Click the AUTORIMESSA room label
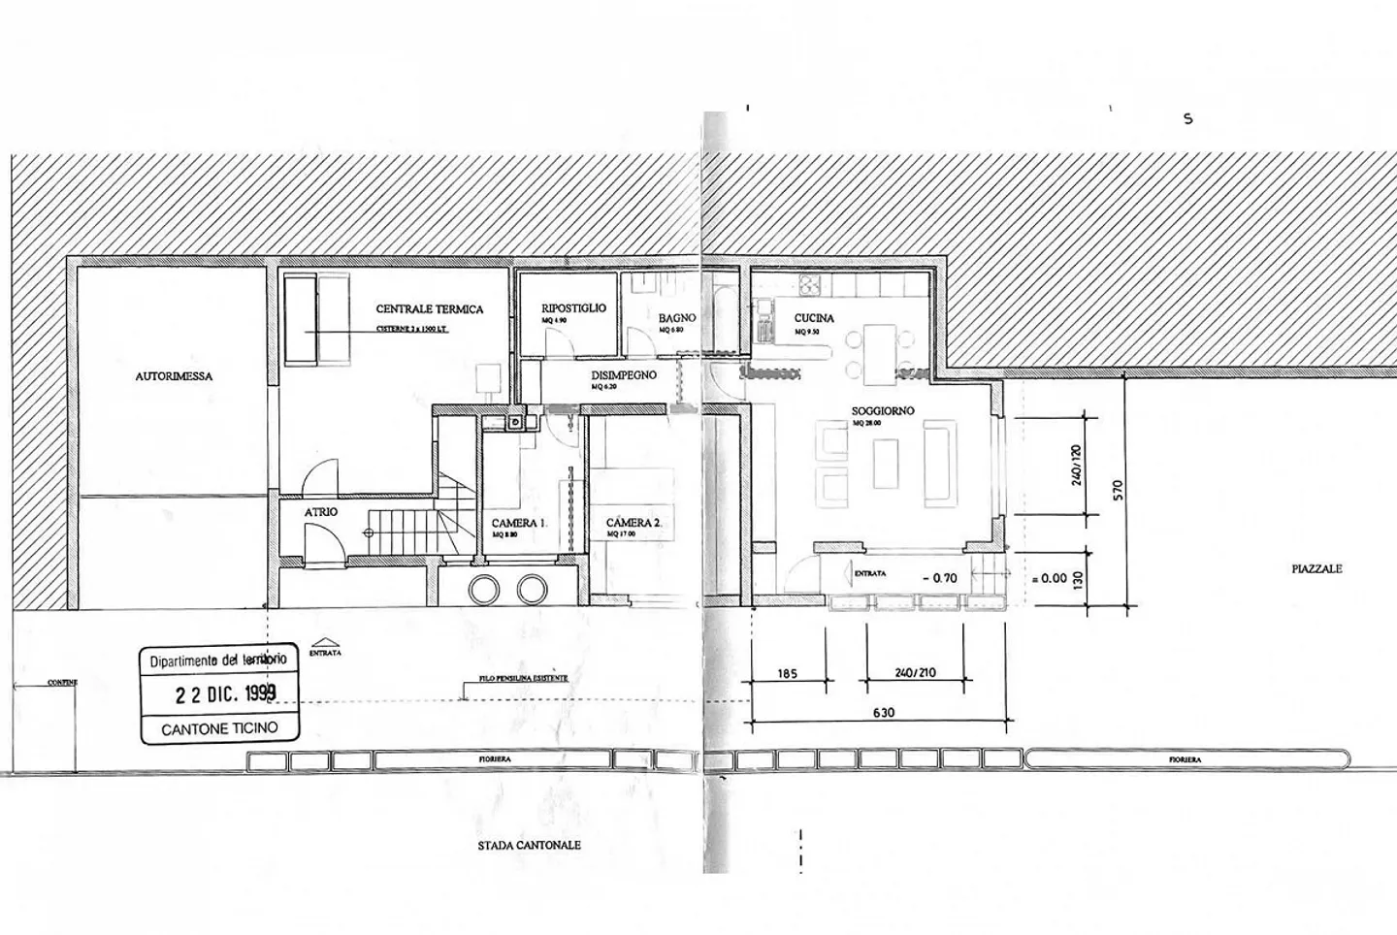(174, 376)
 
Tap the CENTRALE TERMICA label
(429, 309)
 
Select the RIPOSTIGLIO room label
(573, 307)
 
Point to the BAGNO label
(677, 317)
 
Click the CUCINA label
(814, 318)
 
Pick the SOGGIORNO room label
(883, 411)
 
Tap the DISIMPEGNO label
(624, 374)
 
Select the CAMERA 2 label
(634, 523)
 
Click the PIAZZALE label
(1316, 568)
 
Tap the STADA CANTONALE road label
(529, 845)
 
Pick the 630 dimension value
(883, 713)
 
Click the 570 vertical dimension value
(1117, 490)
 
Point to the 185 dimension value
(787, 672)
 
